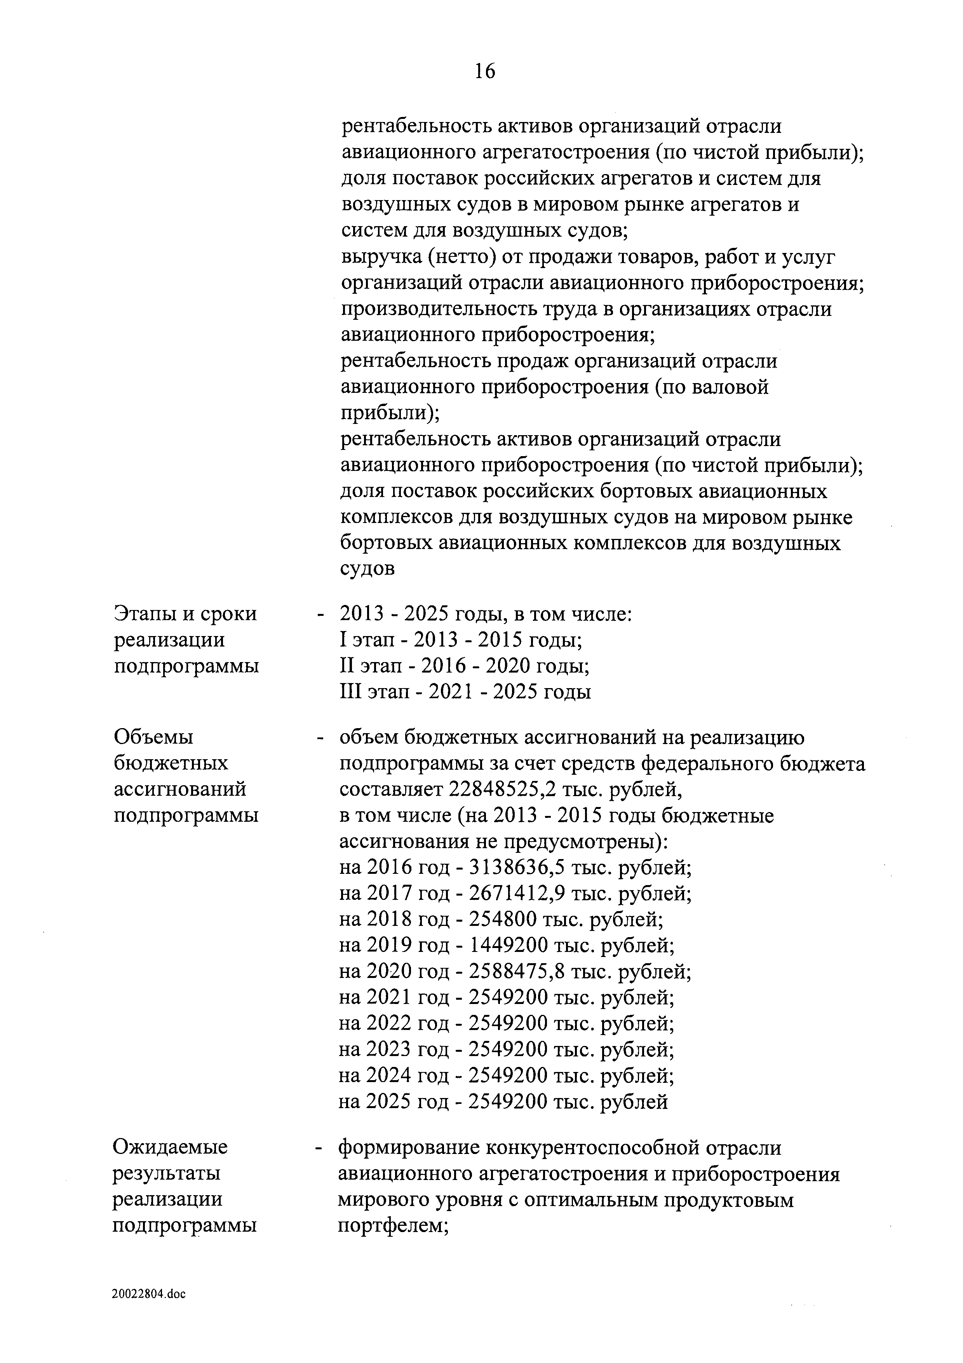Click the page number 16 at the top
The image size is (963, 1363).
coord(484,71)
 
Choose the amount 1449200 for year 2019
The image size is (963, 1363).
coord(508,946)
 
